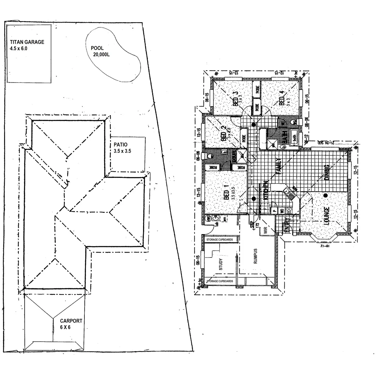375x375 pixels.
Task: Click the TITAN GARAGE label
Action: click(27, 42)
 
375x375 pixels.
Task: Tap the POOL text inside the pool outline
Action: click(97, 48)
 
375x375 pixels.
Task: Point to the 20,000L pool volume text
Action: click(101, 54)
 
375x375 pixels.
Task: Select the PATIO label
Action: click(121, 145)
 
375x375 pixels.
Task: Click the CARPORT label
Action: click(71, 321)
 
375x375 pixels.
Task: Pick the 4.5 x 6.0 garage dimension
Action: click(19, 48)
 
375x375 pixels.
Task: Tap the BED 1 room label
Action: click(227, 193)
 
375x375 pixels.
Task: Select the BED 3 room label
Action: click(235, 99)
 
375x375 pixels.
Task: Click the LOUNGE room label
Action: click(327, 216)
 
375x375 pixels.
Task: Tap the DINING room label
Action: click(327, 173)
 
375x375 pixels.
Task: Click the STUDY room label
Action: click(221, 264)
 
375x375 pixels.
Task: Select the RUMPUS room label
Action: click(255, 256)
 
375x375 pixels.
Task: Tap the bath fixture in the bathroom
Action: click(294, 138)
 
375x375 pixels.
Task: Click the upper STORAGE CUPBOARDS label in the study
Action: click(220, 240)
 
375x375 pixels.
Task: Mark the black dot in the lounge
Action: click(326, 196)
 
